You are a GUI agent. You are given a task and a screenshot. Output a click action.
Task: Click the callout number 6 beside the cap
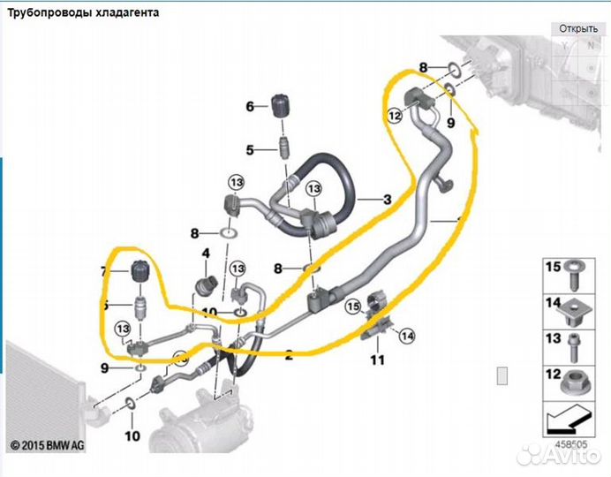pyautogui.click(x=250, y=107)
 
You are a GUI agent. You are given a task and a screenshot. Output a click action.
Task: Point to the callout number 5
pyautogui.click(x=250, y=150)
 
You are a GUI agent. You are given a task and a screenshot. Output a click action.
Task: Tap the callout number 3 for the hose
pyautogui.click(x=387, y=201)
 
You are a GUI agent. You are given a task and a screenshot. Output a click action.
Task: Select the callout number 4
pyautogui.click(x=207, y=254)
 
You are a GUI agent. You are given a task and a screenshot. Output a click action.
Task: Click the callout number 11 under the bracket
pyautogui.click(x=377, y=360)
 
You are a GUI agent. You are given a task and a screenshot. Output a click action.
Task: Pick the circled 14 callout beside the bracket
pyautogui.click(x=407, y=335)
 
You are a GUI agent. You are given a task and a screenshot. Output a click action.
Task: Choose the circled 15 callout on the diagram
pyautogui.click(x=353, y=307)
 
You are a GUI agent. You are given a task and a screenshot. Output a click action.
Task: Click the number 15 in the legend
pyautogui.click(x=553, y=267)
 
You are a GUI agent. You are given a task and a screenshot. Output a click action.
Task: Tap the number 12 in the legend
pyautogui.click(x=553, y=373)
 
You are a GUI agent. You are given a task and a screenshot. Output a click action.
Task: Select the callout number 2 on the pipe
pyautogui.click(x=288, y=356)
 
